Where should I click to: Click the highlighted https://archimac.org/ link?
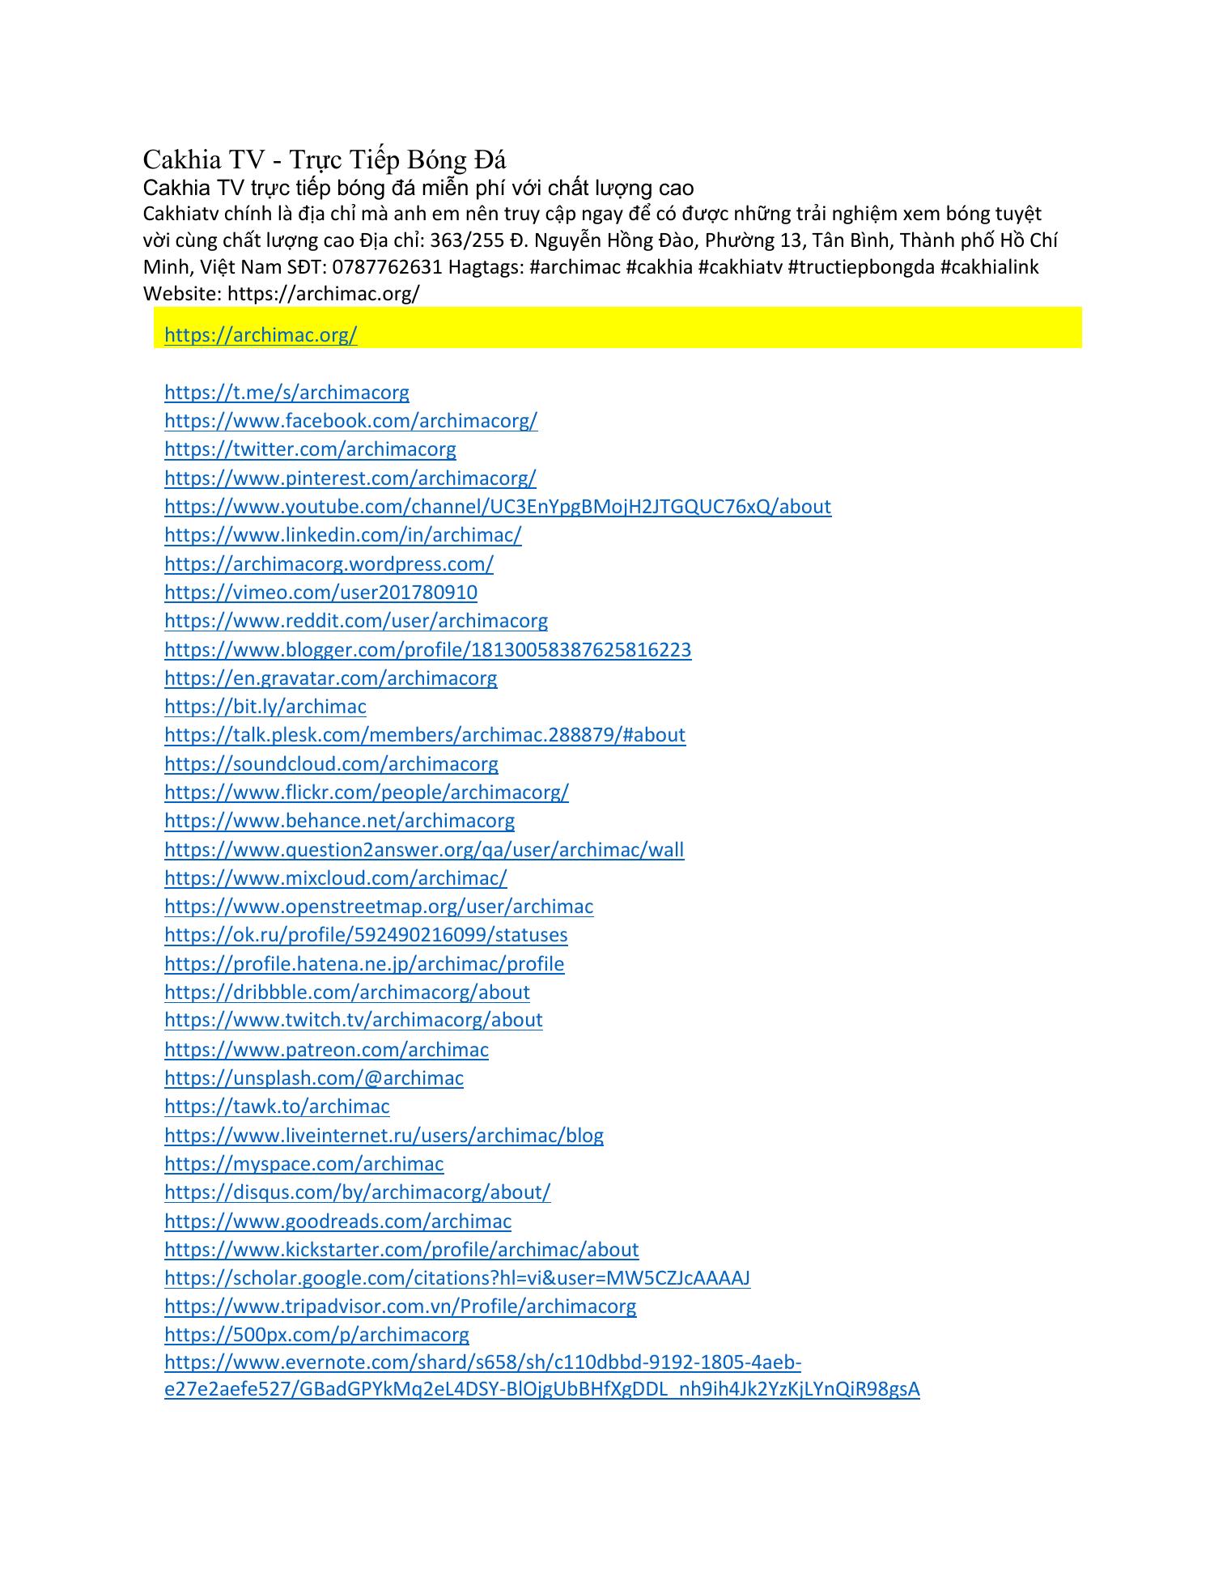pyautogui.click(x=261, y=335)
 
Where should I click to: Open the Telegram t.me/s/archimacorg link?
pyautogui.click(x=287, y=393)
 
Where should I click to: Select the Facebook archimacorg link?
pyautogui.click(x=350, y=421)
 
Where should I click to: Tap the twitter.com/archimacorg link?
pyautogui.click(x=310, y=449)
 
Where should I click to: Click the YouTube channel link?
pyautogui.click(x=497, y=507)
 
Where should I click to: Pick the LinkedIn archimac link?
pyautogui.click(x=342, y=535)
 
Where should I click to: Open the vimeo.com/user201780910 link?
pyautogui.click(x=320, y=593)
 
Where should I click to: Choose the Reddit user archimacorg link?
pyautogui.click(x=355, y=621)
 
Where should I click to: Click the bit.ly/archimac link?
pyautogui.click(x=265, y=707)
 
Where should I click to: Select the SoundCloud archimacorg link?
pyautogui.click(x=331, y=764)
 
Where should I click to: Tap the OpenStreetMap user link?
pyautogui.click(x=378, y=907)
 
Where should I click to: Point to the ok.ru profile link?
pyautogui.click(x=366, y=935)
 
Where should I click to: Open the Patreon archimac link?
pyautogui.click(x=326, y=1050)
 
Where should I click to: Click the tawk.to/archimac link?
pyautogui.click(x=277, y=1107)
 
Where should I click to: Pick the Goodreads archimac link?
pyautogui.click(x=337, y=1221)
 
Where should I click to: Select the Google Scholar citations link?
pyautogui.click(x=456, y=1278)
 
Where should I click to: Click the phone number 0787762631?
pyautogui.click(x=387, y=267)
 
